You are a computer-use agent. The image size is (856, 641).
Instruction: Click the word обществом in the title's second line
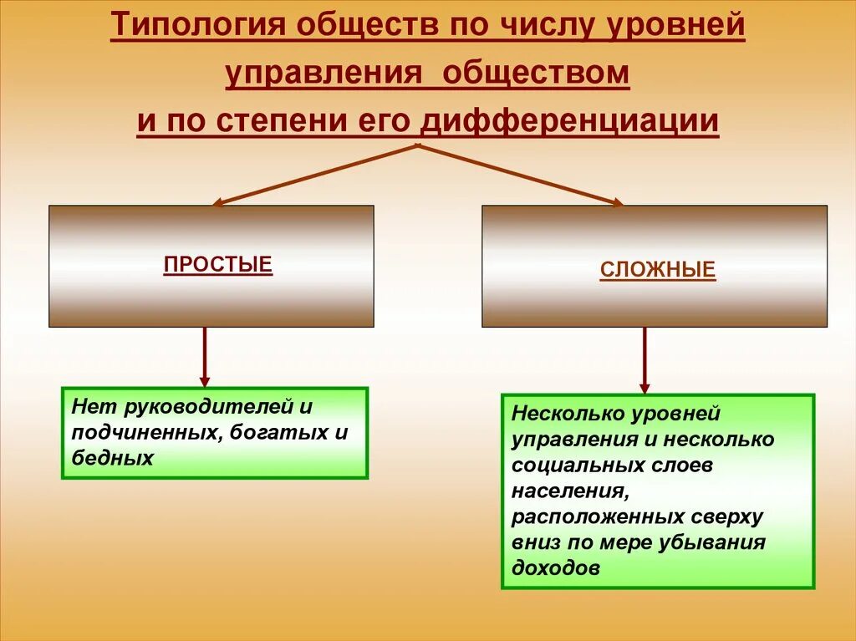tap(536, 74)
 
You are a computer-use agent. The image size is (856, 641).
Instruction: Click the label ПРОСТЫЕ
tap(218, 266)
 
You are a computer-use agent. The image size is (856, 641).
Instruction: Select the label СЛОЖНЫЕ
tap(657, 271)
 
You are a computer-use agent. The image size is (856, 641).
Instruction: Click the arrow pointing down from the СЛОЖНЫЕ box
tap(645, 359)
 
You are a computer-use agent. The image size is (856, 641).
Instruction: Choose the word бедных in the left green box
tap(112, 458)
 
